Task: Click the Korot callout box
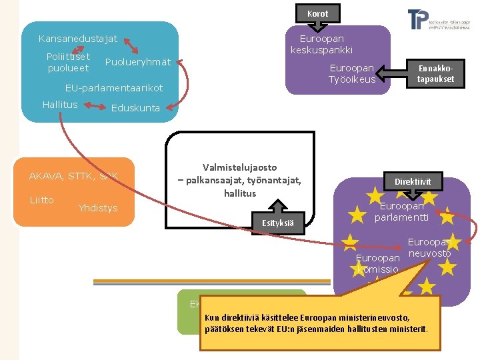coord(317,13)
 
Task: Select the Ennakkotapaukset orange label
coord(435,73)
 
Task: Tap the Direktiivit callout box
coord(413,181)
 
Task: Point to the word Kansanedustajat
coord(78,39)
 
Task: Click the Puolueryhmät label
coord(138,62)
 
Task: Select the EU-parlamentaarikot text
coord(113,88)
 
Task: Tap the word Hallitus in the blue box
coord(60,105)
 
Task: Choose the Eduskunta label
coord(135,108)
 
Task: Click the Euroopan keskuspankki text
coord(321,45)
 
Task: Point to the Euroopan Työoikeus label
coord(352,74)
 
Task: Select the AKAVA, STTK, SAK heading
coord(73,176)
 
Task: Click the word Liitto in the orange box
coord(41,200)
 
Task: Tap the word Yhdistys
coord(97,208)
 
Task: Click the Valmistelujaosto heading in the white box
coord(239,167)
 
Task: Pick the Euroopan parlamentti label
coord(401,211)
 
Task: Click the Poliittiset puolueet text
coord(68,62)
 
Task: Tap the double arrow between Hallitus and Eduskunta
coord(94,107)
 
